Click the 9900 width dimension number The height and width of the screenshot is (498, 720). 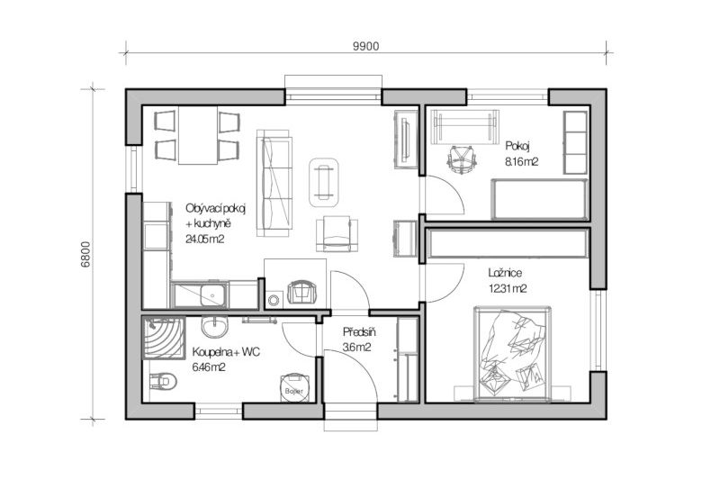366,47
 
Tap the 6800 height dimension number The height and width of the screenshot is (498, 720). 85,255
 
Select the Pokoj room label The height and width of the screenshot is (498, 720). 518,146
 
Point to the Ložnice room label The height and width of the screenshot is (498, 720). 505,273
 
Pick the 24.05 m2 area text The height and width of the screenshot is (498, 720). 205,239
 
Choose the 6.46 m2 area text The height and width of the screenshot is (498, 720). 209,367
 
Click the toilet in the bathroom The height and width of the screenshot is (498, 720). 163,381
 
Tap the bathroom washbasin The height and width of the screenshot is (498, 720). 214,327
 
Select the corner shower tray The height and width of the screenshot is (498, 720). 164,338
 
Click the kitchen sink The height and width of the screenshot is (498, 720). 213,294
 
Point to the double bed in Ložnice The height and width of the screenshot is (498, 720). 512,354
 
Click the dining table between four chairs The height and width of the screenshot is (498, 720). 198,135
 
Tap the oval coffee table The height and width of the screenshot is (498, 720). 324,183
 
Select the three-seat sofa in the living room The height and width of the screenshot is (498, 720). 274,184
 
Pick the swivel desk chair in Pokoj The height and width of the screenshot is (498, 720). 462,159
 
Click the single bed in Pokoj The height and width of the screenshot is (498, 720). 539,199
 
